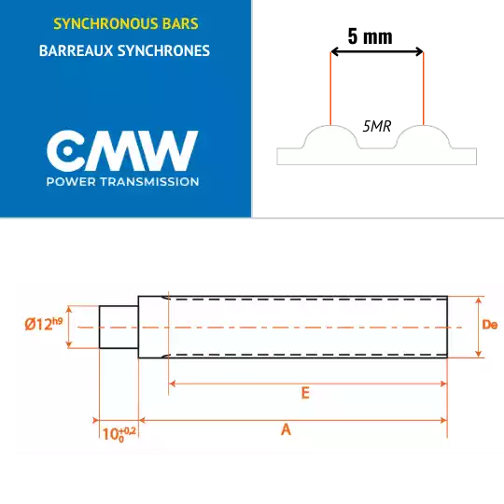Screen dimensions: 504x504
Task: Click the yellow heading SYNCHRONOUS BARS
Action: tap(126, 24)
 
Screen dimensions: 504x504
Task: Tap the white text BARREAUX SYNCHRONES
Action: tap(124, 50)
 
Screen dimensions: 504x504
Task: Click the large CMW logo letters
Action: tap(122, 151)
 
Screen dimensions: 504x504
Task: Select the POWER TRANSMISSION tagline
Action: tap(122, 182)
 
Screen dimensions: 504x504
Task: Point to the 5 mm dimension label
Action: tap(370, 36)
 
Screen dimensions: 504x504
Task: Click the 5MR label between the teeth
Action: tap(377, 126)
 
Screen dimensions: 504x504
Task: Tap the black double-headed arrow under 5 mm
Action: tap(377, 51)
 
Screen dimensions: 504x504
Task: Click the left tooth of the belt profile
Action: tap(330, 136)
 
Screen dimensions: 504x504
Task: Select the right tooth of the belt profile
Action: tap(424, 136)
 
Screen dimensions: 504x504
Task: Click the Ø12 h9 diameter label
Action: tap(44, 324)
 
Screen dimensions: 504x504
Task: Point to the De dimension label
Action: tap(490, 325)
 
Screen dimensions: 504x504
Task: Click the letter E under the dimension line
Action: tap(305, 393)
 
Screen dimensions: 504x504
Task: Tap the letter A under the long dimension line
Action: tap(286, 429)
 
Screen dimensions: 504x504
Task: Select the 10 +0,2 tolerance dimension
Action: tap(119, 434)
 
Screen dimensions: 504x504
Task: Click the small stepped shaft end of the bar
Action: tap(119, 327)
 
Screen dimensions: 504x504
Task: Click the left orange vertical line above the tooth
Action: tap(330, 89)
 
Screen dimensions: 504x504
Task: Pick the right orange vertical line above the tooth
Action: tap(424, 89)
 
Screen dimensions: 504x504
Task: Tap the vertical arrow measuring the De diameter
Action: tap(479, 327)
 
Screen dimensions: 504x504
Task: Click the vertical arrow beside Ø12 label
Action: tap(68, 327)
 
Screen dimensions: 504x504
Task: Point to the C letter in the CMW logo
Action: tap(66, 151)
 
